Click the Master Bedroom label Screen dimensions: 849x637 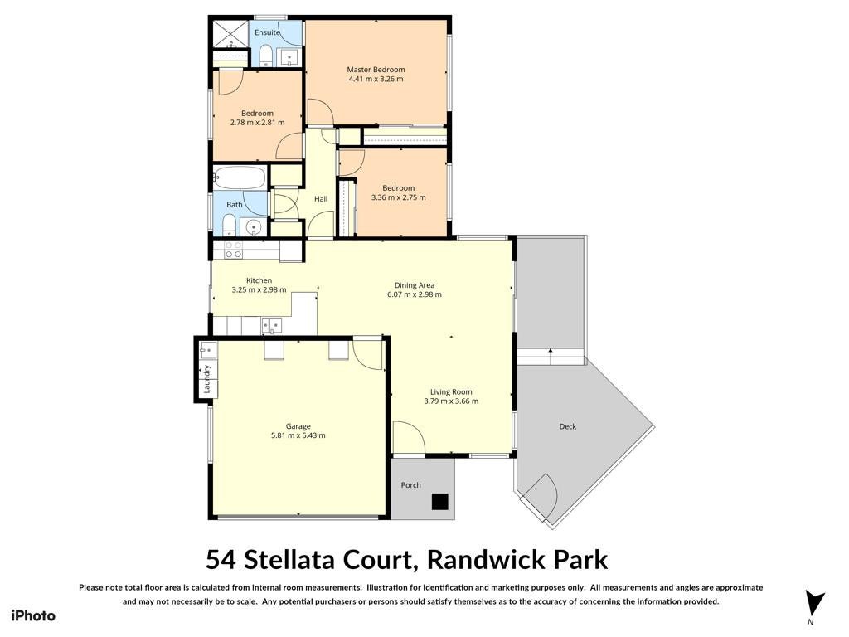click(376, 70)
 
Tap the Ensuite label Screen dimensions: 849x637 click(268, 32)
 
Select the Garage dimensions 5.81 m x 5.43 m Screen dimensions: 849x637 click(298, 435)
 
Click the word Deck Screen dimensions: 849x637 click(567, 426)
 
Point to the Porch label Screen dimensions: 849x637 click(410, 484)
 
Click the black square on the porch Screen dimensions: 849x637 click(439, 502)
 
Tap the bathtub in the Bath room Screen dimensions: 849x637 click(240, 177)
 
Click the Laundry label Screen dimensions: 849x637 click(206, 379)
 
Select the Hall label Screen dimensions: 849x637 click(321, 199)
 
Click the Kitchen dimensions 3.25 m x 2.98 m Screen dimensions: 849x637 click(259, 289)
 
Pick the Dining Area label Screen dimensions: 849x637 click(415, 285)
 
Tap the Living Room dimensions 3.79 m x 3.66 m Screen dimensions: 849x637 click(451, 401)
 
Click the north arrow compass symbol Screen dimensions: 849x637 click(814, 604)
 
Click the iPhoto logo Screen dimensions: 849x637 click(33, 616)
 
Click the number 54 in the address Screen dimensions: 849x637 click(221, 560)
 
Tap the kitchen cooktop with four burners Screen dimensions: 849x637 click(234, 250)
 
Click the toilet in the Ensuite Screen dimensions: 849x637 click(265, 56)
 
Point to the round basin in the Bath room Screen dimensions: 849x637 click(254, 227)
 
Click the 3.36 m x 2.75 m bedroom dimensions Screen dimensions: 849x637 click(399, 197)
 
